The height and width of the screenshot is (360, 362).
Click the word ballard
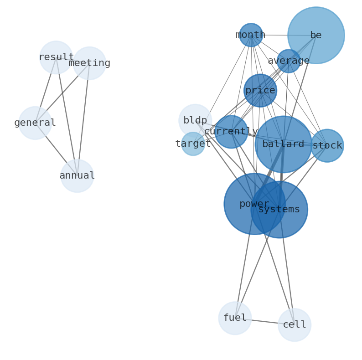[283, 144]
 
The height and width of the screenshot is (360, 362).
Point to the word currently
[231, 132]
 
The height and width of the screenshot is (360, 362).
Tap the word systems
[279, 210]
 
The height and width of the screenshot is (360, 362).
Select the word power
[254, 204]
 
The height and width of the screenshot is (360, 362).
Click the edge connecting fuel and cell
[264, 321]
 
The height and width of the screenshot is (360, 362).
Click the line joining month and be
[283, 35]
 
